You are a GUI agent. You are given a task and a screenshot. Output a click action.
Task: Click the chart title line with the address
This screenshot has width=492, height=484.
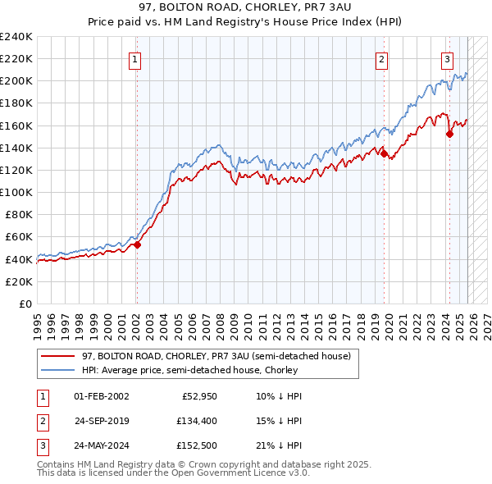tap(245, 7)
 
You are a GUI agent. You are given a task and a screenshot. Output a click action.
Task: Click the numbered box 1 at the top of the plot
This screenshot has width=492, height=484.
tap(134, 58)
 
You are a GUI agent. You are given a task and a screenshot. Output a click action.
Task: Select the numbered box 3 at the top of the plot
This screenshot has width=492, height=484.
tap(447, 58)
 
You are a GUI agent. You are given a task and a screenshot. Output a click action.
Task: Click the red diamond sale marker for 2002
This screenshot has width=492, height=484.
tap(137, 244)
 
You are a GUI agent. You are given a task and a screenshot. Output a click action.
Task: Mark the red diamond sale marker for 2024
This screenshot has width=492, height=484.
tap(449, 134)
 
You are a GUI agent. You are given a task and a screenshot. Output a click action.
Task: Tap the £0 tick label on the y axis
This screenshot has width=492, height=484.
tap(26, 304)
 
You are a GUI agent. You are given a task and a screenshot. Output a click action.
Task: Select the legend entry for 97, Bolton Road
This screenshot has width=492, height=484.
tap(216, 356)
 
